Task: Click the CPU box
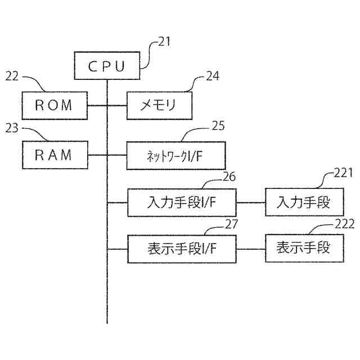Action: pos(107,66)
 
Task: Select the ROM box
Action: pos(55,105)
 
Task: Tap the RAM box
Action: pos(55,155)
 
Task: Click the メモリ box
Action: pos(159,105)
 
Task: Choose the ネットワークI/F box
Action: pos(175,155)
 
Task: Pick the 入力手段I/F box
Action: pos(182,202)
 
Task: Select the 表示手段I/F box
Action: pos(182,248)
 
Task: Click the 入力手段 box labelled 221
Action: pos(304,202)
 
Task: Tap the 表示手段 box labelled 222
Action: pos(304,248)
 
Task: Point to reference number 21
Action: pos(164,41)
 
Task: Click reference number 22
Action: pos(12,76)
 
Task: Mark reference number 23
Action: pos(12,128)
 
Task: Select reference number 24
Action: pos(212,76)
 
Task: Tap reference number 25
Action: pos(218,126)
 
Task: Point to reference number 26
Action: pos(229,177)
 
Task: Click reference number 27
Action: pos(231,223)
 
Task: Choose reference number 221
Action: pos(342,173)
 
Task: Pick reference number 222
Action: pos(345,223)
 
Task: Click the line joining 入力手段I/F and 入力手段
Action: pos(251,202)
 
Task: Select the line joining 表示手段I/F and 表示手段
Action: pos(251,248)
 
